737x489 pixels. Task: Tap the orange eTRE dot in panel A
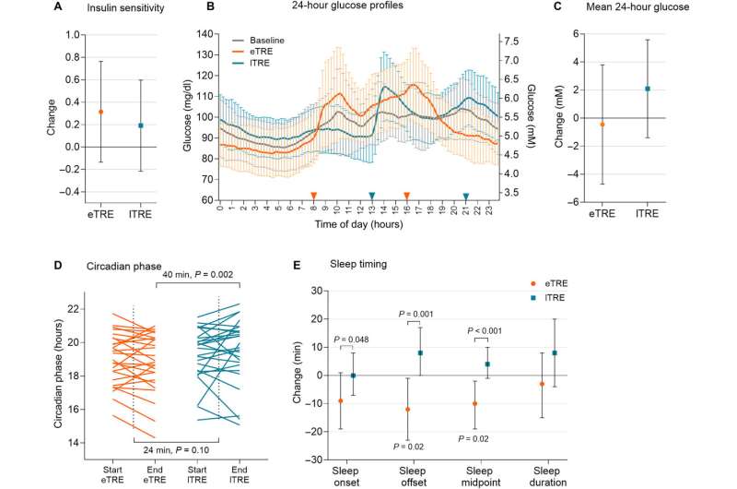point(101,112)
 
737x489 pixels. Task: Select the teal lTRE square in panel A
point(142,125)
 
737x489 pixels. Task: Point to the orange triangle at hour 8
point(313,196)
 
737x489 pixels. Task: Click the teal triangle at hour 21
point(466,196)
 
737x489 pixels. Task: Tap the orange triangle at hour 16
point(407,196)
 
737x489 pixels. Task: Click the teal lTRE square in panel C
point(648,89)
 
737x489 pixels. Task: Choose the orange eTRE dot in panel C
point(602,124)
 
